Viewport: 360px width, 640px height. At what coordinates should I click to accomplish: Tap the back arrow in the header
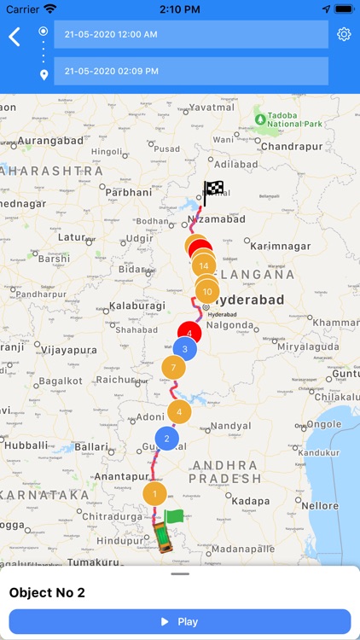[x=15, y=37]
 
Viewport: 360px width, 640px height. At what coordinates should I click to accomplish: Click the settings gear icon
[x=344, y=34]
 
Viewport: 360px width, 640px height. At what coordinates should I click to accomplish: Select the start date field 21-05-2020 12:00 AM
[x=190, y=34]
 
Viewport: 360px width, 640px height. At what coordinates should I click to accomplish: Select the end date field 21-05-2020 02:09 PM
[x=190, y=71]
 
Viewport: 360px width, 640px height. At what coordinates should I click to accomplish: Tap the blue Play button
[x=180, y=621]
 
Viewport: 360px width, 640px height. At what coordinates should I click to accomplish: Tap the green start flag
[x=173, y=516]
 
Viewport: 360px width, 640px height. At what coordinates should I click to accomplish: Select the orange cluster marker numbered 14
[x=203, y=266]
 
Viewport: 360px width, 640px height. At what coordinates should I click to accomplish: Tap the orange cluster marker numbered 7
[x=173, y=369]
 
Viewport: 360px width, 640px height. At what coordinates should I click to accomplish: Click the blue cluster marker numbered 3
[x=185, y=349]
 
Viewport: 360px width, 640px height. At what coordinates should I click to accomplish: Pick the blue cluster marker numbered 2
[x=167, y=440]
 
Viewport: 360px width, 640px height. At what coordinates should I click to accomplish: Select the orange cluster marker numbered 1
[x=154, y=493]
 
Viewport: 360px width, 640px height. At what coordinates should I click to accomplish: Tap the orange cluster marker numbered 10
[x=207, y=292]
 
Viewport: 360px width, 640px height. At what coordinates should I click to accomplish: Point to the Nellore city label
[x=319, y=506]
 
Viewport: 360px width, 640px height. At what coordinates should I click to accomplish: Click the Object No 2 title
[x=51, y=592]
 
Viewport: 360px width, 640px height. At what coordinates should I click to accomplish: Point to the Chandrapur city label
[x=291, y=147]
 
